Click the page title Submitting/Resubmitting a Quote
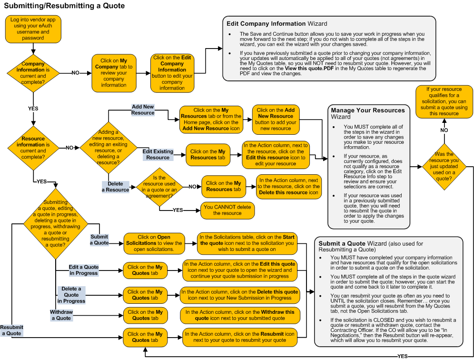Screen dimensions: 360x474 (x=64, y=6)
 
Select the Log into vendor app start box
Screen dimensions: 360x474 (x=32, y=29)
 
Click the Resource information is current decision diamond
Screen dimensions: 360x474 (x=33, y=148)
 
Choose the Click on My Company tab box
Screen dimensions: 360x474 (x=114, y=73)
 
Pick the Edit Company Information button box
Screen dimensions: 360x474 (x=172, y=73)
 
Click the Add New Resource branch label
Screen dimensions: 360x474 (x=143, y=110)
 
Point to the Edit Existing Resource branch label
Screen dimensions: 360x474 (x=158, y=154)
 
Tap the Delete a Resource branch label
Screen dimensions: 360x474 (x=115, y=187)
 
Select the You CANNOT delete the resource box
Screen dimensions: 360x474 (x=227, y=210)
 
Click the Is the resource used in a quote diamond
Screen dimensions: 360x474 (x=159, y=187)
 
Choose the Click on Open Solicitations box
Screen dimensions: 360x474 (x=154, y=243)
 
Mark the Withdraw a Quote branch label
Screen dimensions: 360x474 (x=61, y=315)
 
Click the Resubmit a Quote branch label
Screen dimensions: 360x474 (x=11, y=330)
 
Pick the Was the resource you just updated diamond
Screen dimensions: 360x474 (x=444, y=167)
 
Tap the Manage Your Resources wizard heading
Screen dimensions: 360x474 (x=367, y=113)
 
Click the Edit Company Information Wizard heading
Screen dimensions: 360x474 (x=276, y=23)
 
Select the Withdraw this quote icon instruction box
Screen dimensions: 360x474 (x=240, y=315)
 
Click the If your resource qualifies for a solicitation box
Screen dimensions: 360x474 (x=444, y=101)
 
